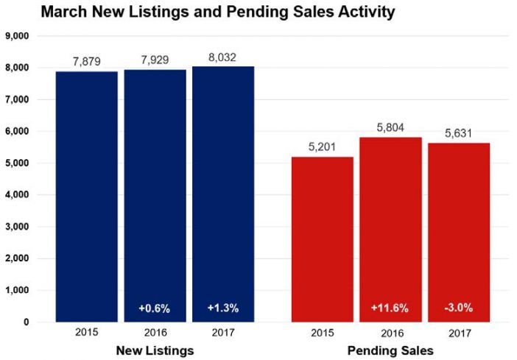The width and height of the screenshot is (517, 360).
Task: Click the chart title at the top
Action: coord(207,13)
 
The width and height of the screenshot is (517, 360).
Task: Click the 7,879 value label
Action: coord(87,60)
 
